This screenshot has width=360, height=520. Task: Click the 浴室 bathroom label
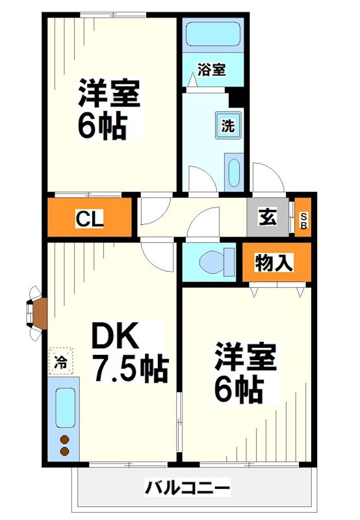coord(212,69)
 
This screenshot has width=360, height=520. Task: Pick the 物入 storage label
coord(274,263)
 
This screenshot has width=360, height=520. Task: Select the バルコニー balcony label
coord(187,487)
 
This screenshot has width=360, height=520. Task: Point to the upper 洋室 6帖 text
coord(109,109)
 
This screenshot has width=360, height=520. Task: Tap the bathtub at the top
coord(212,34)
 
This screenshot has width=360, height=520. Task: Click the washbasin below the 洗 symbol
coord(233,174)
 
